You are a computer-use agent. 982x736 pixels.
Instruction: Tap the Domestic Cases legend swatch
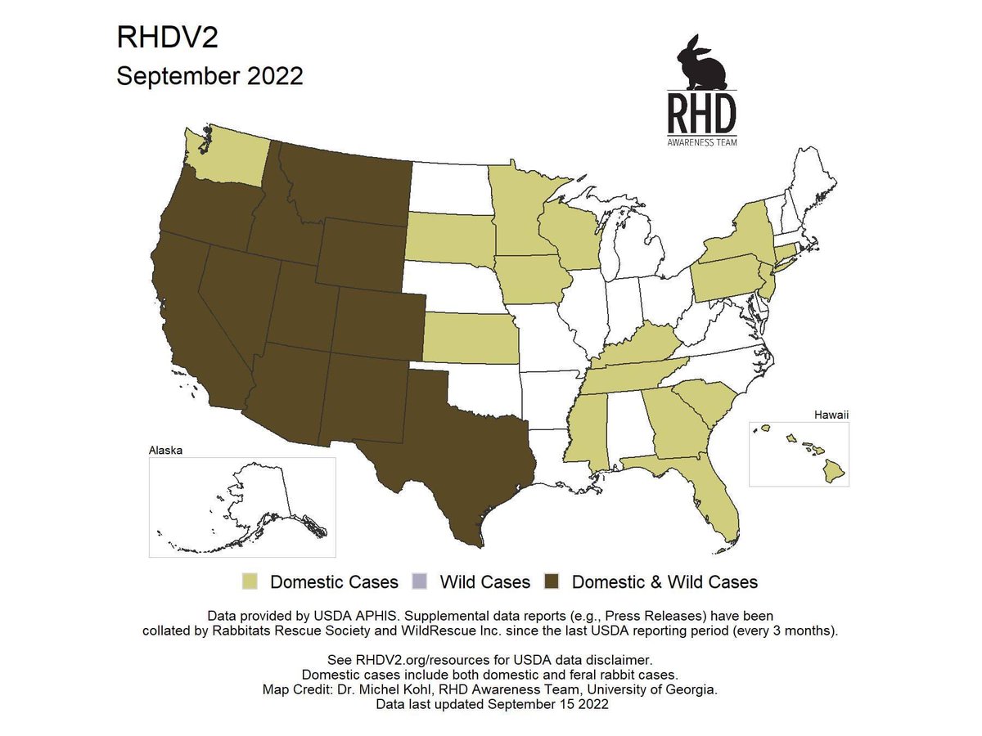250,581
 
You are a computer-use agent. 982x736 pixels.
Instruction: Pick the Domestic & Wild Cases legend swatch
552,581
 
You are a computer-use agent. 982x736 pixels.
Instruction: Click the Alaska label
165,450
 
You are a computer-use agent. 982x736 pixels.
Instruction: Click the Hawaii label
831,415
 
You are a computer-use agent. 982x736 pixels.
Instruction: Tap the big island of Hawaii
834,470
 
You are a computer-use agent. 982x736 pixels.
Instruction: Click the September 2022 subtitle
209,76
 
